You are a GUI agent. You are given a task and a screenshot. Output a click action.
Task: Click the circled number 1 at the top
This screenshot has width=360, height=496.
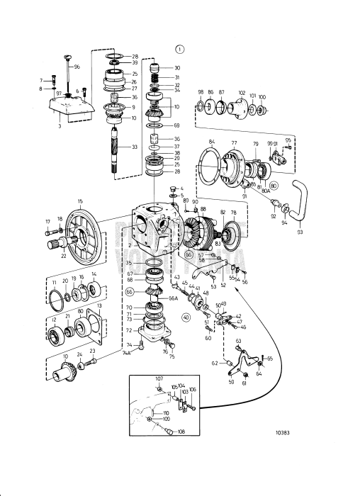coord(179,49)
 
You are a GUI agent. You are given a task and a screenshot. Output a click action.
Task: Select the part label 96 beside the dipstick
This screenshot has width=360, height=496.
coord(77,67)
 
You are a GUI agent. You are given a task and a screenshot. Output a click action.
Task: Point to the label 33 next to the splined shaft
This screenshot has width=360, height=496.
coord(135,147)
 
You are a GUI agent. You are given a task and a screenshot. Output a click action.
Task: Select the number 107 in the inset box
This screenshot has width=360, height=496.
coord(159,378)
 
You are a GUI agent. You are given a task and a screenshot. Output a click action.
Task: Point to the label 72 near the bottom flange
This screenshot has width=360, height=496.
coord(128,331)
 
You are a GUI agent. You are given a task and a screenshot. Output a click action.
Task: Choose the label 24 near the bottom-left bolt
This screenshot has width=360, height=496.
coord(80,354)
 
